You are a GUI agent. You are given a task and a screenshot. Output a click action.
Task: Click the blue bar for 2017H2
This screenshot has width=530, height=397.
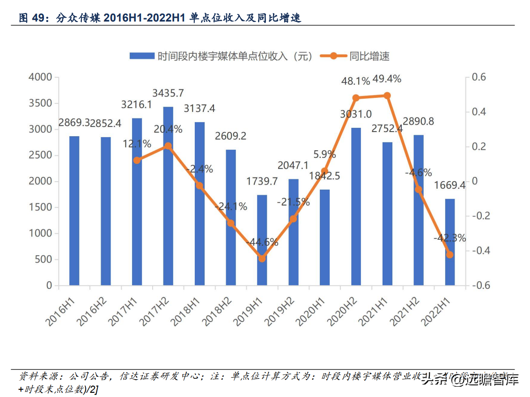[168, 196]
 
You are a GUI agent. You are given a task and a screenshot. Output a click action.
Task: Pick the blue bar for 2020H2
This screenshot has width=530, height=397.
[356, 206]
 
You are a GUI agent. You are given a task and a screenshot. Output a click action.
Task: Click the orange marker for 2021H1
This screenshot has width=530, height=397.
[387, 96]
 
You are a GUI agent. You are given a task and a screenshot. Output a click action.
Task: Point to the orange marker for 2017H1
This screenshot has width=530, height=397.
[137, 160]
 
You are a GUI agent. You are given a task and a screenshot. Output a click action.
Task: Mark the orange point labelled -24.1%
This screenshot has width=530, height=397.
[231, 223]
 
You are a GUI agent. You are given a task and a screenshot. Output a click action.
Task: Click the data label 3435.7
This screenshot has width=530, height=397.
[168, 93]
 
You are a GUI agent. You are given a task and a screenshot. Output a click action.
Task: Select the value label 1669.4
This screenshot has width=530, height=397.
[450, 185]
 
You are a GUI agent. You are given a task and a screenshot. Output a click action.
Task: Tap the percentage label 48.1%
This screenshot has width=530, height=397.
[356, 81]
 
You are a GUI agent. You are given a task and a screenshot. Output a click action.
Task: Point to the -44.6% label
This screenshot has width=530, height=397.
[262, 242]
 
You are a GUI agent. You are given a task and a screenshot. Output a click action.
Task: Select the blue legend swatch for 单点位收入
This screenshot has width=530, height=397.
[142, 56]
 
